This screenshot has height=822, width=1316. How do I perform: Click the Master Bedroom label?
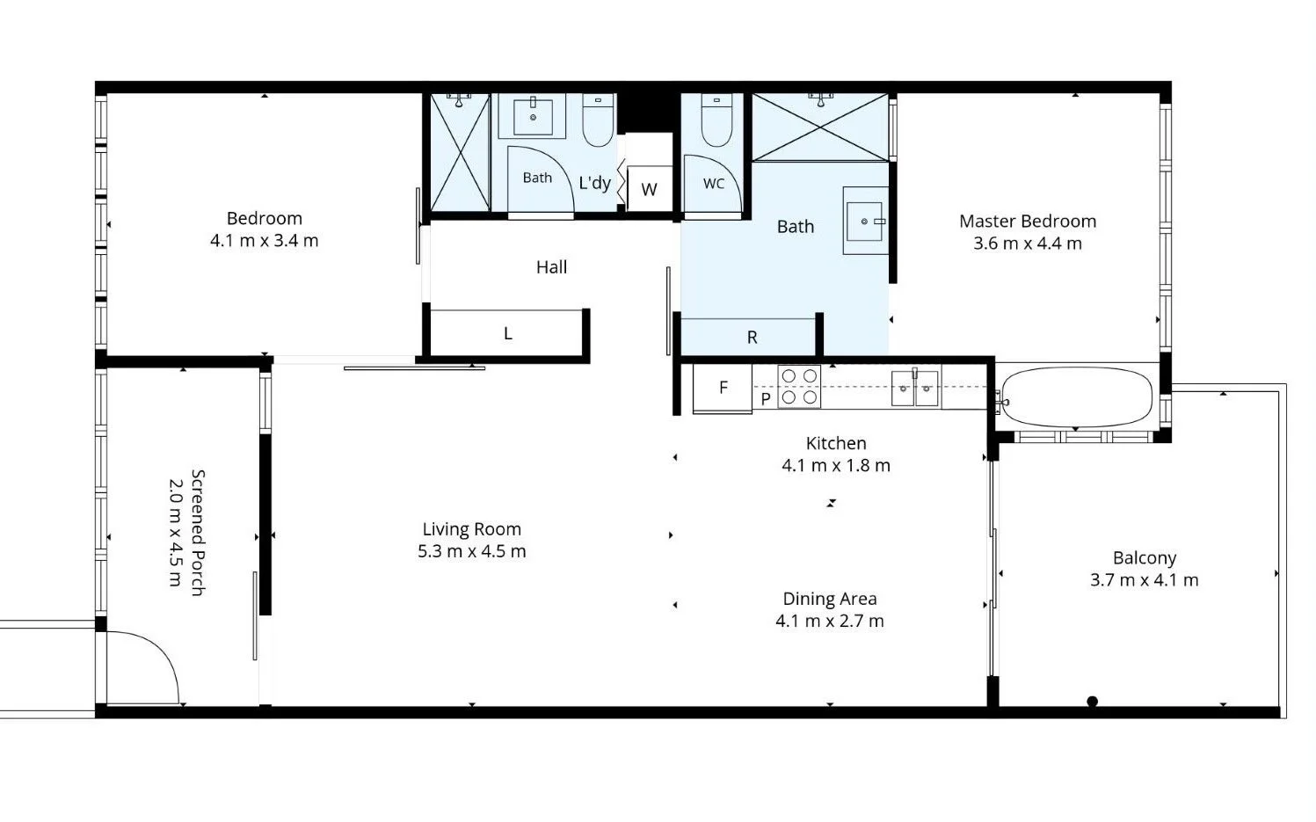point(1028,222)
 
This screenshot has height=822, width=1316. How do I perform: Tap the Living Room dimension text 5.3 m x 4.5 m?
point(472,552)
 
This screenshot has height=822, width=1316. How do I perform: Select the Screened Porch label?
point(199,533)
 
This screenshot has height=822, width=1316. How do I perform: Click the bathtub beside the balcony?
point(1076,397)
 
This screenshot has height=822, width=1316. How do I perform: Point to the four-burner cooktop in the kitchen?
point(799,387)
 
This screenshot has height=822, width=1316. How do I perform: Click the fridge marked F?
point(723,388)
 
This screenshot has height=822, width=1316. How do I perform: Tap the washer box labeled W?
point(649,189)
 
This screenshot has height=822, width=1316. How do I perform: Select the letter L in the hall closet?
point(508,334)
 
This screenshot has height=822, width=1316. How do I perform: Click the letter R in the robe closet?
point(752,338)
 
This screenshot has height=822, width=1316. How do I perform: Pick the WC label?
point(714,184)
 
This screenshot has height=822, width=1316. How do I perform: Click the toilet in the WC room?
point(716,120)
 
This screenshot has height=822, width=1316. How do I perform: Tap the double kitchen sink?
point(915,388)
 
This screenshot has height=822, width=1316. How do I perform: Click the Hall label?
point(552,267)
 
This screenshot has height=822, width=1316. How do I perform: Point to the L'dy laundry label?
point(594,184)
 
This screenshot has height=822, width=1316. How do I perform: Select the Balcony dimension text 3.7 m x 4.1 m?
point(1145,580)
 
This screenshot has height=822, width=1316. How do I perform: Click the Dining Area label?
point(830,599)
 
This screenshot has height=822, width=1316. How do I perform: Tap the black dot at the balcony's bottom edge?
point(1092,701)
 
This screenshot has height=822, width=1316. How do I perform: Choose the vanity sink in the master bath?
point(865,222)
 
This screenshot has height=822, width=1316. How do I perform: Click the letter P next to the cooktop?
point(766,399)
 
